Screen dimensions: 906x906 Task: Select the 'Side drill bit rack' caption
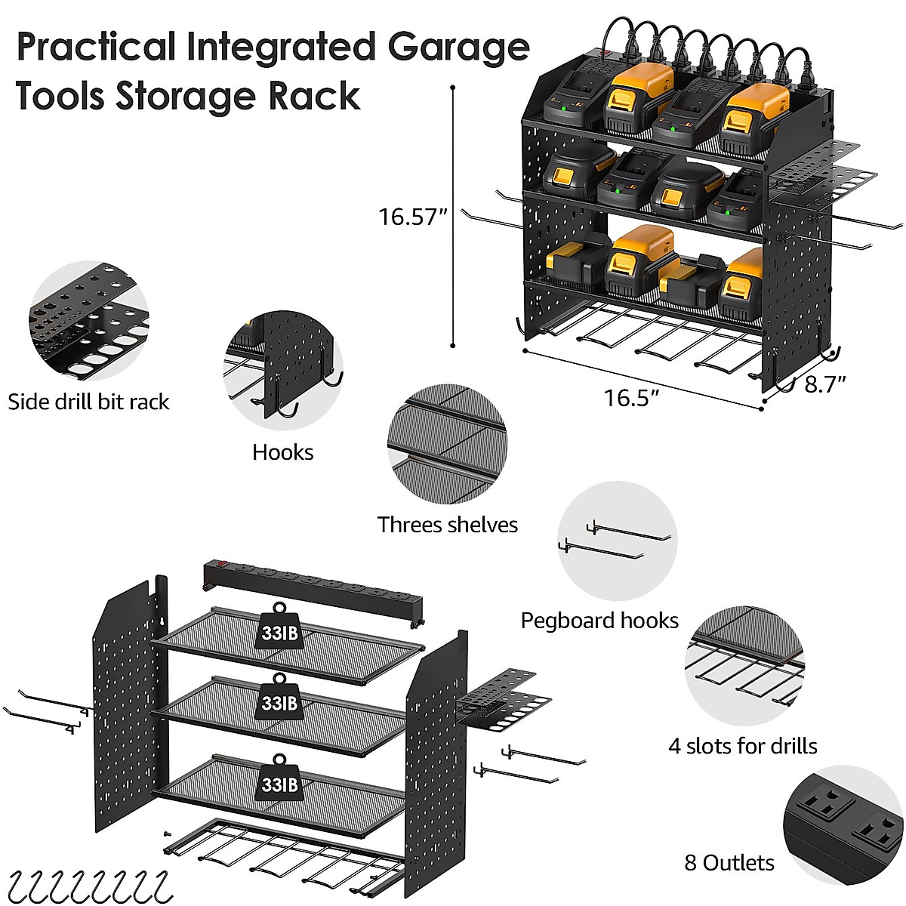click(88, 402)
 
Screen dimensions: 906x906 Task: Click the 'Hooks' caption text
click(282, 452)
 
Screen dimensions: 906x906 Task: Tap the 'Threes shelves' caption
click(448, 525)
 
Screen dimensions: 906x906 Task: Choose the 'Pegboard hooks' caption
click(599, 621)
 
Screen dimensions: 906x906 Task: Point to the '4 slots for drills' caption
click(743, 746)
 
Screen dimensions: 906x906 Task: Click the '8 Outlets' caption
click(729, 863)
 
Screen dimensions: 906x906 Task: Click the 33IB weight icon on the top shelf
click(279, 627)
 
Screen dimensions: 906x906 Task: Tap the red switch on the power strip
click(222, 563)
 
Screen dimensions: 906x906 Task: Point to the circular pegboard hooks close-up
click(618, 542)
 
